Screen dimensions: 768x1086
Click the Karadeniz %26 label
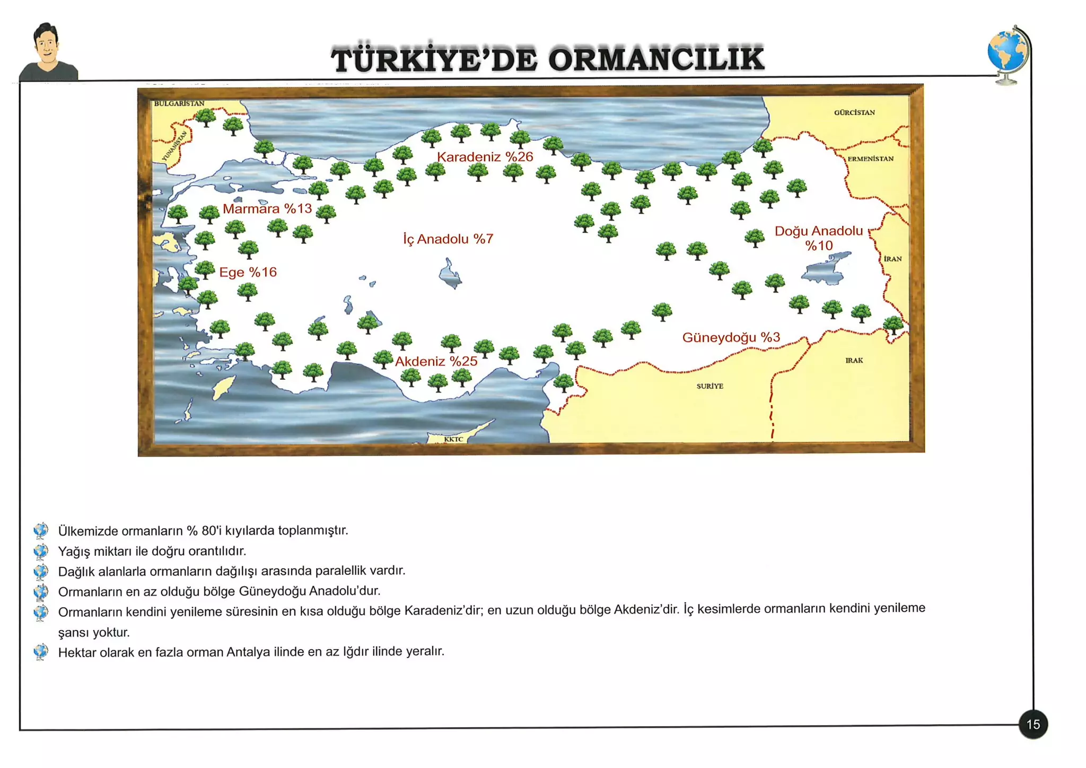485,156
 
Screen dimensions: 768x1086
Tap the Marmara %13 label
267,208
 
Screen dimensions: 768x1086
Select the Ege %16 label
248,272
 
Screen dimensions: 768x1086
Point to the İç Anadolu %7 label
448,239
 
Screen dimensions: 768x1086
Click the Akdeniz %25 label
436,361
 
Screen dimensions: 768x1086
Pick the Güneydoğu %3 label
731,337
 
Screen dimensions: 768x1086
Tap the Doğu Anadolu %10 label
819,238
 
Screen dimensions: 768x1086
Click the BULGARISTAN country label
179,103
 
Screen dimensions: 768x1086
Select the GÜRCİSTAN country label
854,112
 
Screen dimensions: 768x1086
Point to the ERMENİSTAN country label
870,159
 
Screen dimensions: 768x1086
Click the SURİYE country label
710,386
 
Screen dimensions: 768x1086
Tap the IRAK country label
854,360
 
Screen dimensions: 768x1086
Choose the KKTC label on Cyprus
453,439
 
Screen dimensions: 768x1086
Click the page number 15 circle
1033,725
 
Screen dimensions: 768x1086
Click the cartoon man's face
47,45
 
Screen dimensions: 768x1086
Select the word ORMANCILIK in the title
656,59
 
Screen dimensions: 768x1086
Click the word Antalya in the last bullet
248,652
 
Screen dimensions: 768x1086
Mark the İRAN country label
892,259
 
